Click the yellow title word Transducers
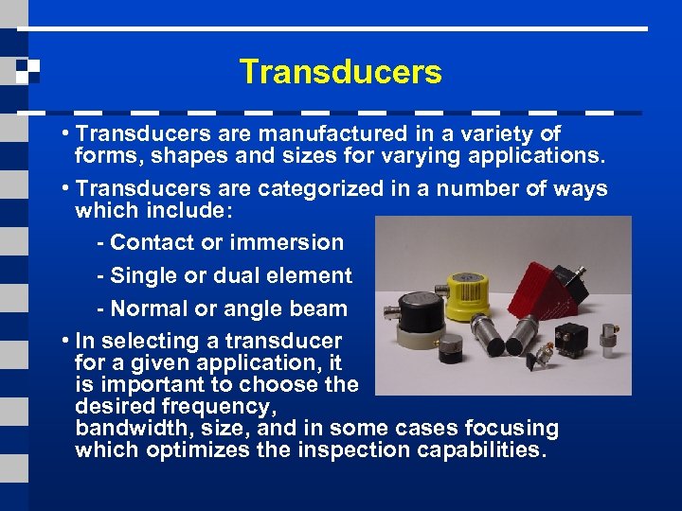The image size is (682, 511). click(340, 72)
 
